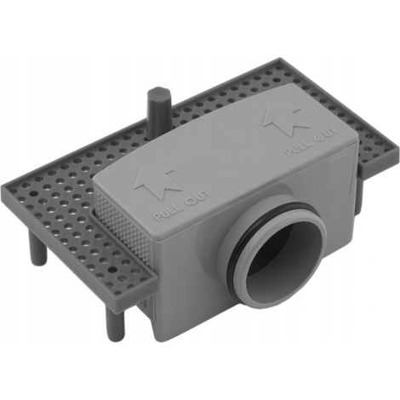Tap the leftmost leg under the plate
[37, 246]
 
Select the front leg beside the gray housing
[114, 323]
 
